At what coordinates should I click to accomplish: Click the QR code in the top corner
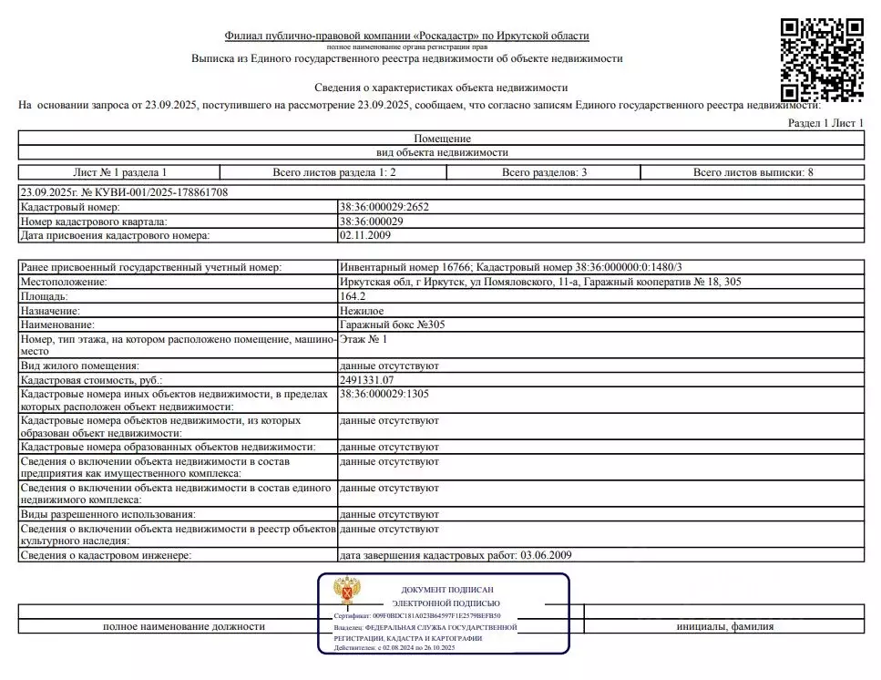tap(823, 60)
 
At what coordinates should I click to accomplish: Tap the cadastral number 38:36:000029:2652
tap(384, 207)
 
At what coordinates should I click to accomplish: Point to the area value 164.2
tap(352, 296)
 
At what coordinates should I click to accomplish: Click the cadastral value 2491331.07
tap(366, 379)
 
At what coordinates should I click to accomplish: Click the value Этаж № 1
tap(363, 339)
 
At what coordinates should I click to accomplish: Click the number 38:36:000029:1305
tap(384, 393)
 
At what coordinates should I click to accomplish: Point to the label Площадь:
tap(44, 296)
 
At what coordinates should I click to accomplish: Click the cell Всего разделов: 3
tap(544, 172)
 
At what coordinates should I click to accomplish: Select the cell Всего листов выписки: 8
tap(753, 172)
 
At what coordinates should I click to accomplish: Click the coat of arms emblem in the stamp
tap(345, 592)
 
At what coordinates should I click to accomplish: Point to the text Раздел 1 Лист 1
tap(825, 123)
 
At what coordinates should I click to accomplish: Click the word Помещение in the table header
tap(442, 138)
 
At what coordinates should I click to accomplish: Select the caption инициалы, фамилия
tap(724, 627)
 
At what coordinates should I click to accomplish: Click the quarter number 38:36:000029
tap(371, 222)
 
